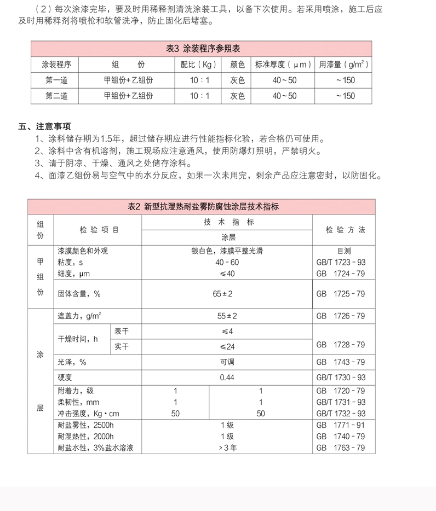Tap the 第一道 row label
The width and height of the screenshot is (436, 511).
coord(56,80)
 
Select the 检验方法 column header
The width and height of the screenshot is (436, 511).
coord(345,230)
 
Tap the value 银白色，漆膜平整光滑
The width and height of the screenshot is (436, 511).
coord(227,251)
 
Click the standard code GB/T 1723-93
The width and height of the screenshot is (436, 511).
coord(341,263)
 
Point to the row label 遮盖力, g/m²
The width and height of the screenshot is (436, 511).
coord(79,316)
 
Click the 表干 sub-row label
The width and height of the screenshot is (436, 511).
coord(121,332)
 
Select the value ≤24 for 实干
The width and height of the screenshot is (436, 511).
coord(227,347)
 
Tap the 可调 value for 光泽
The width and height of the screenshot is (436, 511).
coord(227,362)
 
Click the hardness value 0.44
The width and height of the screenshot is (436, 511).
coord(227,378)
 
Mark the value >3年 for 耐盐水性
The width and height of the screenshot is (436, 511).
coord(227,448)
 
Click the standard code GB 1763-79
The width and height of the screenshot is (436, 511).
coord(341,448)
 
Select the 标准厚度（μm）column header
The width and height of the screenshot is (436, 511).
coord(284,65)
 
